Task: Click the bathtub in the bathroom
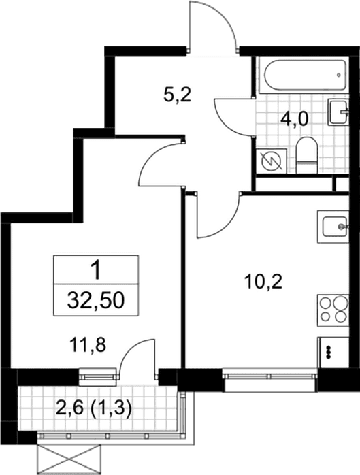click(304, 75)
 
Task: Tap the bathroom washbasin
click(338, 112)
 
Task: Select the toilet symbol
click(306, 155)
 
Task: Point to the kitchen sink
click(333, 227)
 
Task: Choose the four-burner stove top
click(333, 310)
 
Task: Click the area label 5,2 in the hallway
click(177, 95)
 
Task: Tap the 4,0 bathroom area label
click(294, 119)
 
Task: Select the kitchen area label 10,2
click(263, 282)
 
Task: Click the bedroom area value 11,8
click(88, 345)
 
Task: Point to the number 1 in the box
click(97, 271)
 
